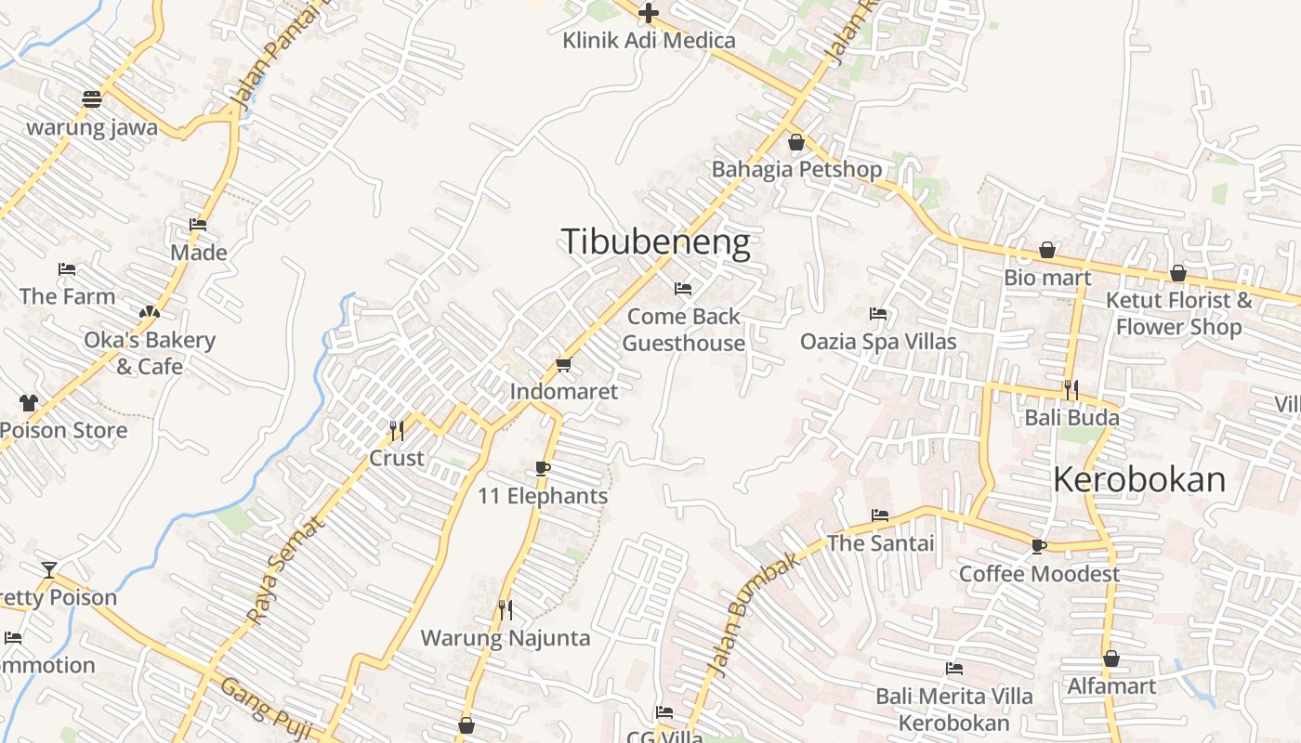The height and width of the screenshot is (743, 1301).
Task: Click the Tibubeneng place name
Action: [x=655, y=242]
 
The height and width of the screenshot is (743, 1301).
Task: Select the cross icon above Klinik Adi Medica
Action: [x=649, y=13]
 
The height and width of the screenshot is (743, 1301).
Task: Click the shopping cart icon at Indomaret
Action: [x=563, y=364]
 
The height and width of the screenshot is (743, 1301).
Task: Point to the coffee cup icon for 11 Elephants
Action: [x=543, y=468]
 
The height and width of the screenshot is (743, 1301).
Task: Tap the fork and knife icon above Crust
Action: [x=397, y=431]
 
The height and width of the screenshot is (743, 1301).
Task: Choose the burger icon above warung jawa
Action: [x=91, y=98]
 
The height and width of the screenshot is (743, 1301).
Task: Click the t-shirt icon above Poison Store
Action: [x=28, y=403]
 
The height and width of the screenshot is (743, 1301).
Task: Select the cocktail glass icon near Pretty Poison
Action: [x=48, y=569]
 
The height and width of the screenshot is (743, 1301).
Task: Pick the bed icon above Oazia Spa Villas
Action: [x=878, y=314]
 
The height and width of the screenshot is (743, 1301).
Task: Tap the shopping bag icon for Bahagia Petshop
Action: [x=796, y=142]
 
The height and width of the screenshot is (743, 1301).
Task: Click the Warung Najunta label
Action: [x=506, y=638]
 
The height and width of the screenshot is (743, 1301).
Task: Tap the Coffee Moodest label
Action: [x=1039, y=574]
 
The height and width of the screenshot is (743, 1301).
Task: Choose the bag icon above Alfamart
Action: [x=1111, y=659]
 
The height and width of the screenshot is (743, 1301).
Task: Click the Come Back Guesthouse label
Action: [x=684, y=330]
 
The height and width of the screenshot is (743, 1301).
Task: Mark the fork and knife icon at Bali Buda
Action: [x=1071, y=390]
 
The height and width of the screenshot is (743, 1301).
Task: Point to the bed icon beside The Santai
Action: [x=880, y=515]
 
